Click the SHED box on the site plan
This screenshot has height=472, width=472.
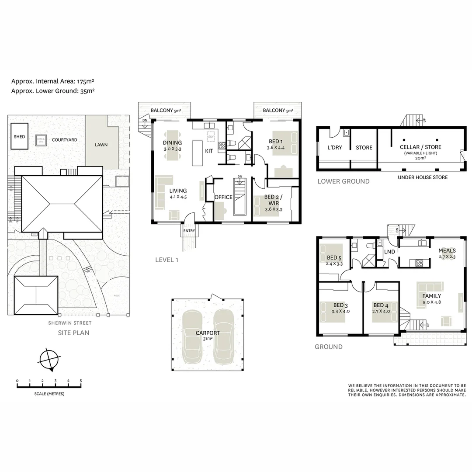coord(19,137)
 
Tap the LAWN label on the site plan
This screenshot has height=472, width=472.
coord(101,145)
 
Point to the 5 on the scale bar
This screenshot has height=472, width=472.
coord(81,381)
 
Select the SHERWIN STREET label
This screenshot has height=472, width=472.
coord(70,323)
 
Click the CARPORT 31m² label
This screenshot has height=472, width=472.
coord(208,335)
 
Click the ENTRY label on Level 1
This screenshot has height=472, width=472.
coord(189,231)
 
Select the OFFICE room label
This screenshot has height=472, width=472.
coord(223,197)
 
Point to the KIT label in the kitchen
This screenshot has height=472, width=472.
coord(209,151)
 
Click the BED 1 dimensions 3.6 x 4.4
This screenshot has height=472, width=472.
coord(275,148)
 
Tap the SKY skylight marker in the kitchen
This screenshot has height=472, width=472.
coord(211,137)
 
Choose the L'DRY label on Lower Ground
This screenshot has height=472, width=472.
coord(335,148)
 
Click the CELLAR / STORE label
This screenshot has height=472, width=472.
coord(420,147)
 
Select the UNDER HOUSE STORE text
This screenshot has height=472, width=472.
coord(422,177)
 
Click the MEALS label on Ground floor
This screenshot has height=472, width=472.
coord(447,251)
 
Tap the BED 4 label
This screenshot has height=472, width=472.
coord(381,305)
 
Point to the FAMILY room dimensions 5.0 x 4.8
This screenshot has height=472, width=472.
coord(431,302)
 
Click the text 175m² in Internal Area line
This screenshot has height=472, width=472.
coord(86,81)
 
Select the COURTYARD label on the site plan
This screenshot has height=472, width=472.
coord(64,140)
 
